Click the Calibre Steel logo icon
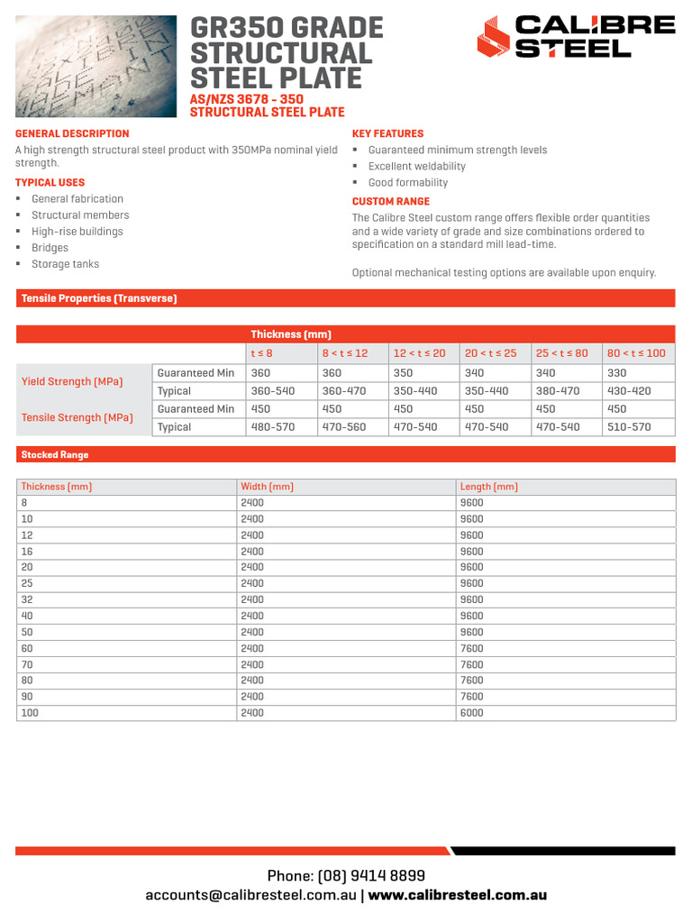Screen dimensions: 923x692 (493, 39)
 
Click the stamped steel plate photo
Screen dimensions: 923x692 (96, 66)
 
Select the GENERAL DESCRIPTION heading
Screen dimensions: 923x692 (72, 133)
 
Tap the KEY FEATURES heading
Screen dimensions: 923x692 (387, 133)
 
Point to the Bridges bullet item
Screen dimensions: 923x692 (50, 248)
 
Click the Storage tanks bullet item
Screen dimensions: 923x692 (65, 264)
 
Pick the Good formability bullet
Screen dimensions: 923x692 (407, 183)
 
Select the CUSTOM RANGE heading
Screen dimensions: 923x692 (390, 201)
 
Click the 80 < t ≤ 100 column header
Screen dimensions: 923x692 (636, 353)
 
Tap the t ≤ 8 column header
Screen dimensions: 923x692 (261, 353)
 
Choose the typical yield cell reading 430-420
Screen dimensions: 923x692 (629, 391)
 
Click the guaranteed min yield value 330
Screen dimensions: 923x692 (617, 373)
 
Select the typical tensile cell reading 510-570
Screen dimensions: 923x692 (629, 427)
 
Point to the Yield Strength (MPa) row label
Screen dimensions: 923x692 (72, 382)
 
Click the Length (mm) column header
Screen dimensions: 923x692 (488, 487)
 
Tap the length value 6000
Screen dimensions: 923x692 (471, 713)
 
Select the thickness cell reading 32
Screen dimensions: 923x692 (27, 599)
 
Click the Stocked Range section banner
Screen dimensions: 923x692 (55, 455)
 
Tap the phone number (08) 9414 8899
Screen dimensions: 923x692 (346, 876)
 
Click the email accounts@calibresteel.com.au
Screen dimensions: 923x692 (251, 896)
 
